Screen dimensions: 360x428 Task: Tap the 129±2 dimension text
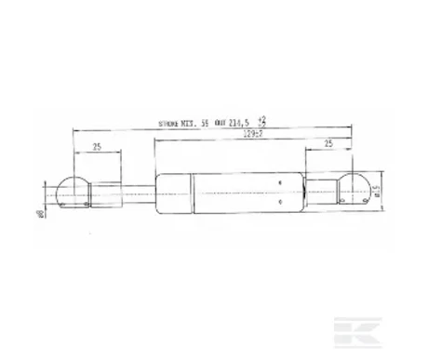tap(245, 133)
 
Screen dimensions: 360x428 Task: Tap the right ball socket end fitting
tap(355, 189)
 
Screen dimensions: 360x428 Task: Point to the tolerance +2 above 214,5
tap(263, 118)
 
